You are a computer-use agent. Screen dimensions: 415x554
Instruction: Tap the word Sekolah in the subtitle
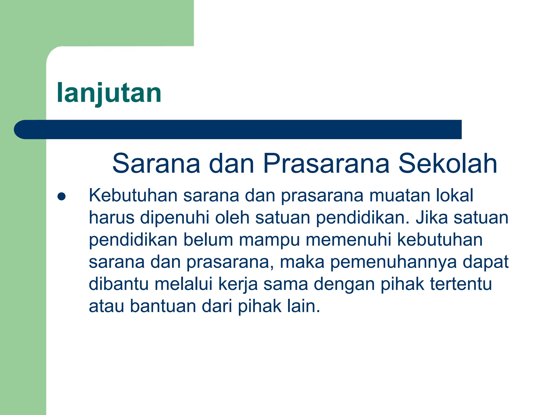point(448,163)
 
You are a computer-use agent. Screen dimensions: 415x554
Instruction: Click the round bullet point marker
point(62,196)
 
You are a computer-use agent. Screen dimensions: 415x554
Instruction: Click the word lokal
point(454,195)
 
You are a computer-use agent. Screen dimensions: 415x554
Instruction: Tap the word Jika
point(431,218)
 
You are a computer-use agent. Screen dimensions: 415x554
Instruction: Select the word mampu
point(269,240)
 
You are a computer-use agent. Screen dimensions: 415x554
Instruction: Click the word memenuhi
point(348,240)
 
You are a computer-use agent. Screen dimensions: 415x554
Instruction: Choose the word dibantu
point(119,284)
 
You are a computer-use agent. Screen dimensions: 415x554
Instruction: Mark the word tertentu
point(461,284)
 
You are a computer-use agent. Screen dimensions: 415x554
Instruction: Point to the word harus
point(111,218)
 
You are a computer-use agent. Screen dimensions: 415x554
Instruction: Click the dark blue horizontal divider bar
point(238,129)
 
